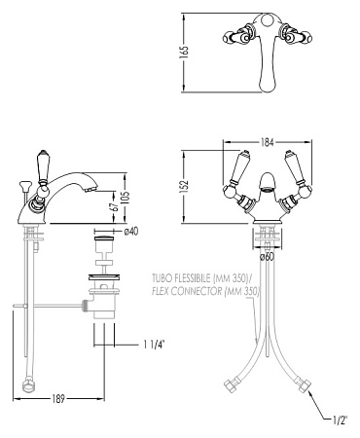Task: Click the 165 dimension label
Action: [184, 53]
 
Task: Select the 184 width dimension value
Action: [267, 142]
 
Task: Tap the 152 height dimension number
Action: [184, 187]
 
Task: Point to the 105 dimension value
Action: [126, 196]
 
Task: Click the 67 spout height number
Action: [114, 207]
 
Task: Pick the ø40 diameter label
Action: [131, 232]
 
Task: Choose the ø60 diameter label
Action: [267, 257]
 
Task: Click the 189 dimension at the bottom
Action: [58, 399]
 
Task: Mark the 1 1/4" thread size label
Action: [155, 345]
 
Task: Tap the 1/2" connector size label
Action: [340, 420]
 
